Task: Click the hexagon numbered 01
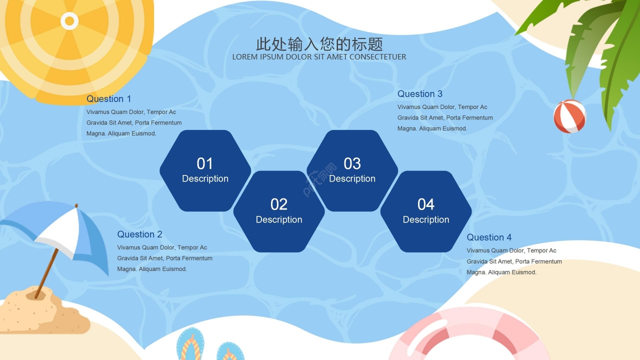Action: coord(205,171)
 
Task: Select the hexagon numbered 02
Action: coord(279,211)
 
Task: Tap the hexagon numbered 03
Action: coord(352,171)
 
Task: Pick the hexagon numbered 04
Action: coord(426,211)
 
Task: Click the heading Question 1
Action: coord(108,99)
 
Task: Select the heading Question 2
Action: coord(139,234)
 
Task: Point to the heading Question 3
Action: coord(419,93)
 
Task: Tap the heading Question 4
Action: coord(489,237)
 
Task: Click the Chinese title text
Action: coord(319,44)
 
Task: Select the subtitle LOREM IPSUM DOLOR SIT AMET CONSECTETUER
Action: coord(319,57)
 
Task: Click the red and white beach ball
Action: coord(569,116)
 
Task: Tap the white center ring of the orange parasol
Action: coord(69,21)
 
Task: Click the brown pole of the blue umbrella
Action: coord(47,273)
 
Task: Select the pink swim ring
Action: coord(468,334)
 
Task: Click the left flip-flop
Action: coord(190,344)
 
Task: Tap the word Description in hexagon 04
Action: coord(426,219)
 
